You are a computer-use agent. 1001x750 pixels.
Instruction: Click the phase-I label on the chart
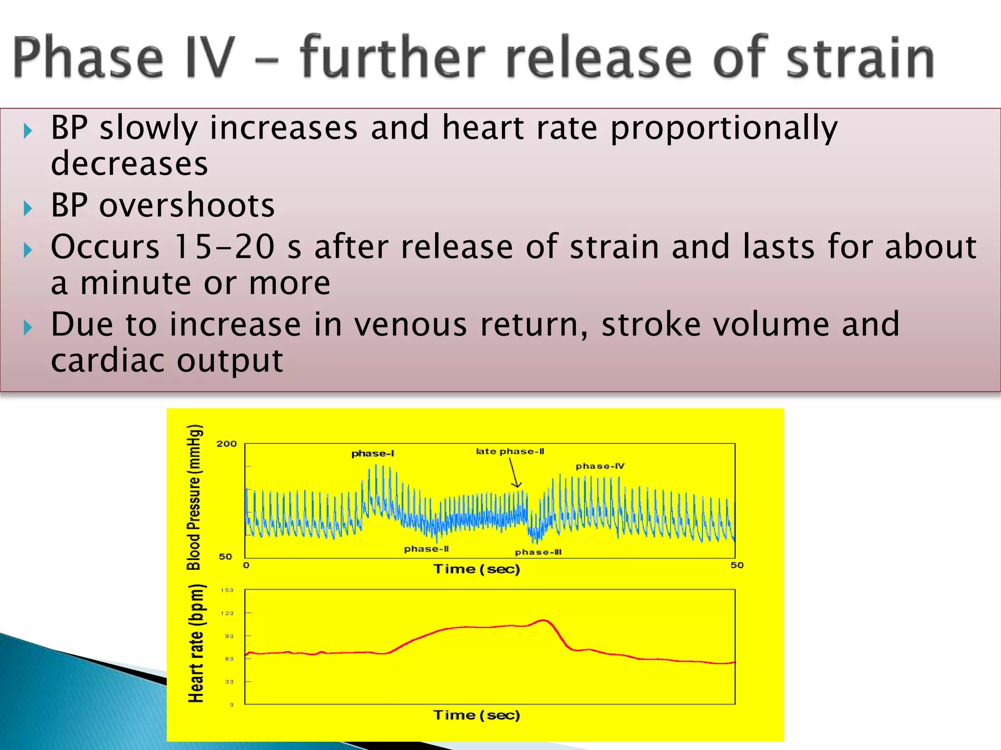tap(372, 454)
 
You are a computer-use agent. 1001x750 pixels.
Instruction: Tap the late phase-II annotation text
tap(510, 451)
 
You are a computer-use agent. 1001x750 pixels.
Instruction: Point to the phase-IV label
tap(600, 466)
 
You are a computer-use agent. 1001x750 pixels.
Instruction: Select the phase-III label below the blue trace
tap(538, 552)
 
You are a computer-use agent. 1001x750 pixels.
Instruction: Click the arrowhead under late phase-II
tap(517, 484)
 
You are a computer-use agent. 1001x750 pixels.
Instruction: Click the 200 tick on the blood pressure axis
tap(226, 444)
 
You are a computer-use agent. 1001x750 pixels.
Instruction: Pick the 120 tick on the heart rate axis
tap(227, 613)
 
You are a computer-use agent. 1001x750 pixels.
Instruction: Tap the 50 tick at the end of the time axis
tap(737, 565)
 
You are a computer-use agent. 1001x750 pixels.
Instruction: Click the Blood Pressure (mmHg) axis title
tap(194, 497)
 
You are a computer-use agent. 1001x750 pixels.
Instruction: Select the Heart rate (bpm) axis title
tap(196, 644)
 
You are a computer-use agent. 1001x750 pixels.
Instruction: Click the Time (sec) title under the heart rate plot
tap(477, 715)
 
